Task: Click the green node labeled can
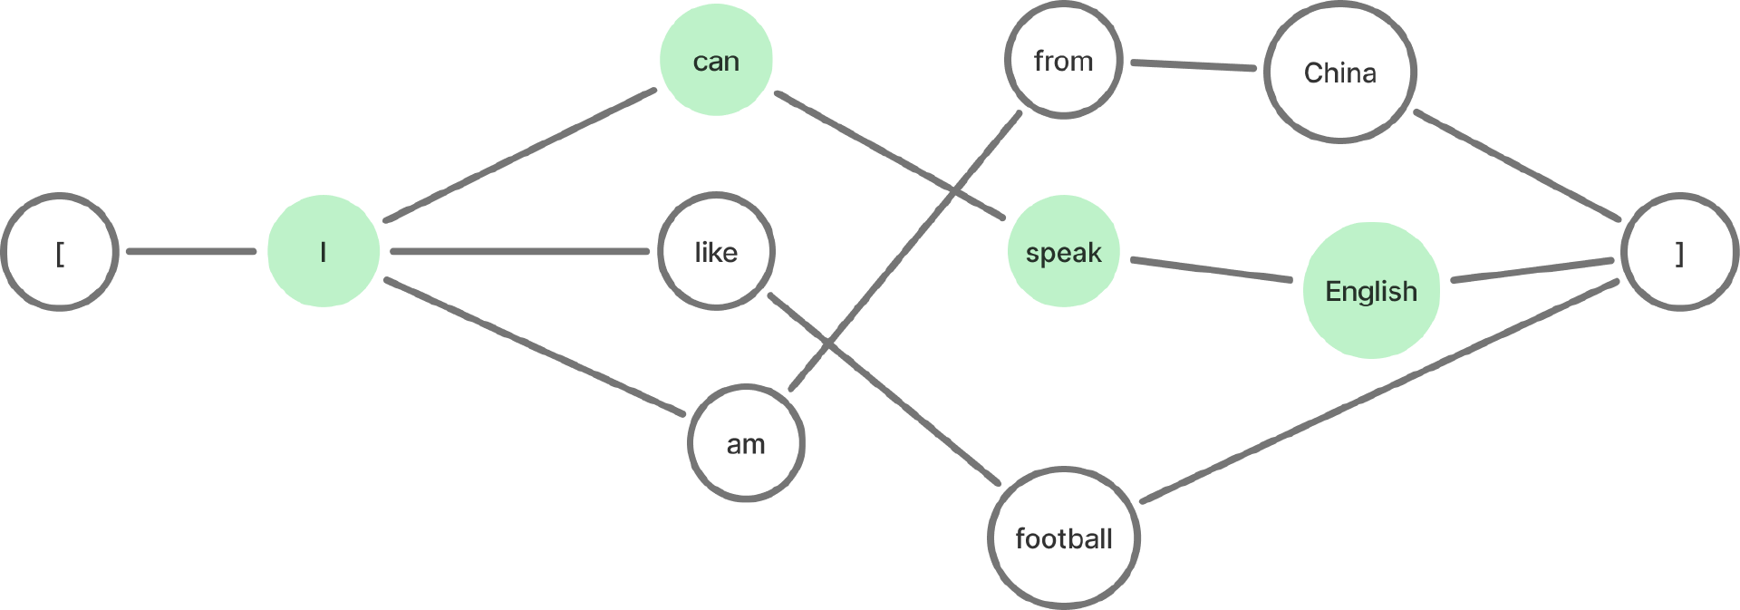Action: pos(716,60)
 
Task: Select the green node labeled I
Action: pos(324,252)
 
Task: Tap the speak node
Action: pos(1063,252)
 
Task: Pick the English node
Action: pos(1370,290)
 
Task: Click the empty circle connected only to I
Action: pos(60,252)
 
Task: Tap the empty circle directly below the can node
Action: pos(716,251)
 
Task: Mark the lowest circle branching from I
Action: pos(746,441)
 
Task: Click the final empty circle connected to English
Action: pos(1680,252)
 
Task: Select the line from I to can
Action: pos(521,155)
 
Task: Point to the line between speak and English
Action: pos(1212,271)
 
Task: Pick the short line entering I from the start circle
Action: pos(192,252)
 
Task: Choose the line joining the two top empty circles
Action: pos(1193,65)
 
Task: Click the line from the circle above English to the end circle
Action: pos(1519,167)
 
